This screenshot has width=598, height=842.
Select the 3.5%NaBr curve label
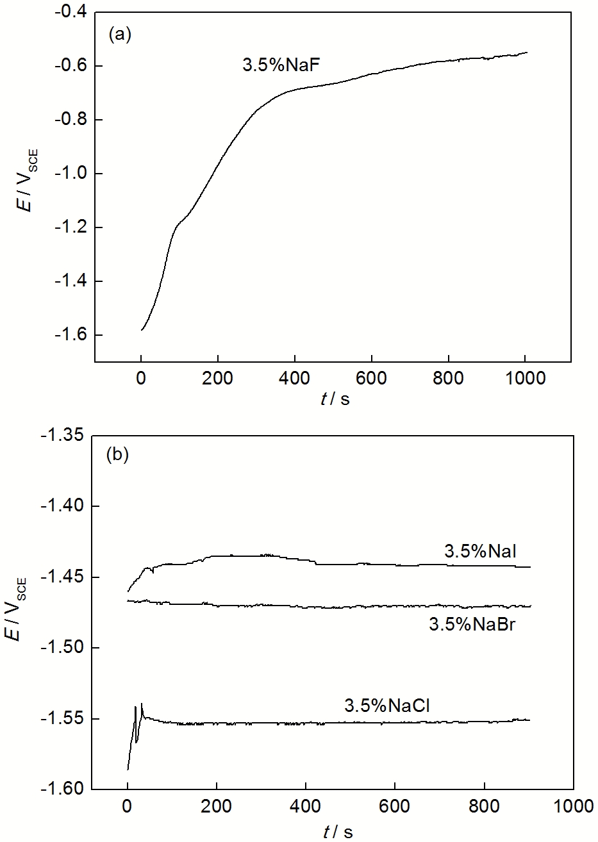[x=472, y=624]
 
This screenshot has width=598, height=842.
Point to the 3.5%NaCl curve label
[x=387, y=706]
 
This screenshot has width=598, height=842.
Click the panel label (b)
[x=117, y=456]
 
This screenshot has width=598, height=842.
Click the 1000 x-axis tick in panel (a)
[x=526, y=379]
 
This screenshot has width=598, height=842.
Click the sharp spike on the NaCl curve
[x=142, y=704]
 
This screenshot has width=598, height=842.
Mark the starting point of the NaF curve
[x=142, y=330]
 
